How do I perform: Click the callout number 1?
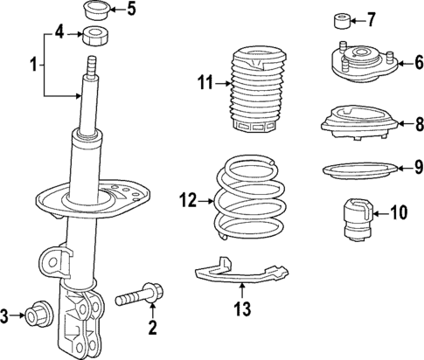point(34,65)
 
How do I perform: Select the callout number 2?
point(151,329)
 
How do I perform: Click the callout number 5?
point(132,10)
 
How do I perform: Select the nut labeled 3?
point(38,315)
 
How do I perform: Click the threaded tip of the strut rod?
point(90,66)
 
